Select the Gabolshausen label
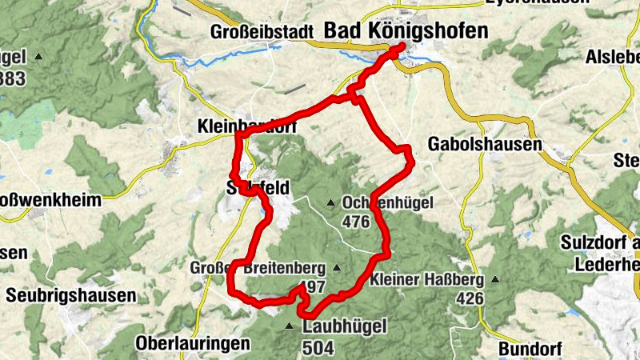(x=485, y=145)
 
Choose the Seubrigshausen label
(x=70, y=295)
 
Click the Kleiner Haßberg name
(x=427, y=280)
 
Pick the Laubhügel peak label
(x=345, y=326)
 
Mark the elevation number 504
(x=318, y=347)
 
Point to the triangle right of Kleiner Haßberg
(x=495, y=280)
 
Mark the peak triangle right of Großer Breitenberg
(x=337, y=268)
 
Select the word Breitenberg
(x=286, y=267)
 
